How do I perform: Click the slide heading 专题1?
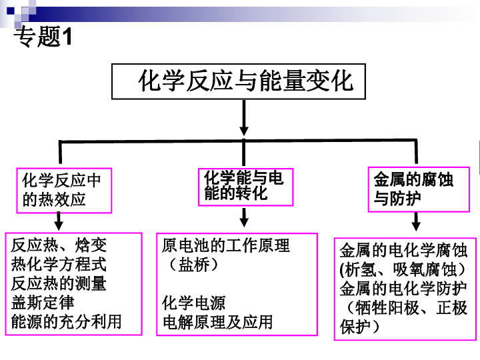pos(43,37)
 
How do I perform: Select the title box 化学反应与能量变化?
pos(244,82)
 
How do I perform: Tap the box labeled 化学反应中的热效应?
pos(63,189)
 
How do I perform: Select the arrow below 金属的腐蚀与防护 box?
pos(417,221)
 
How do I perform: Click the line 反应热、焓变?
pos(59,246)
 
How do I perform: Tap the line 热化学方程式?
pos(59,265)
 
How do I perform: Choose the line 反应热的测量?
pos(59,283)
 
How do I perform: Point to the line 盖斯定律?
pos(43,303)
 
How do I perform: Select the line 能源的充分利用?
pos(67,322)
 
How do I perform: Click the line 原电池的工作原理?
pos(226,246)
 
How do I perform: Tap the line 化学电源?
pos(194,303)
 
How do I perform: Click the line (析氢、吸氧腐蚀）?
pos(403,270)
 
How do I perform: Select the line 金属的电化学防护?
pos(403,289)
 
